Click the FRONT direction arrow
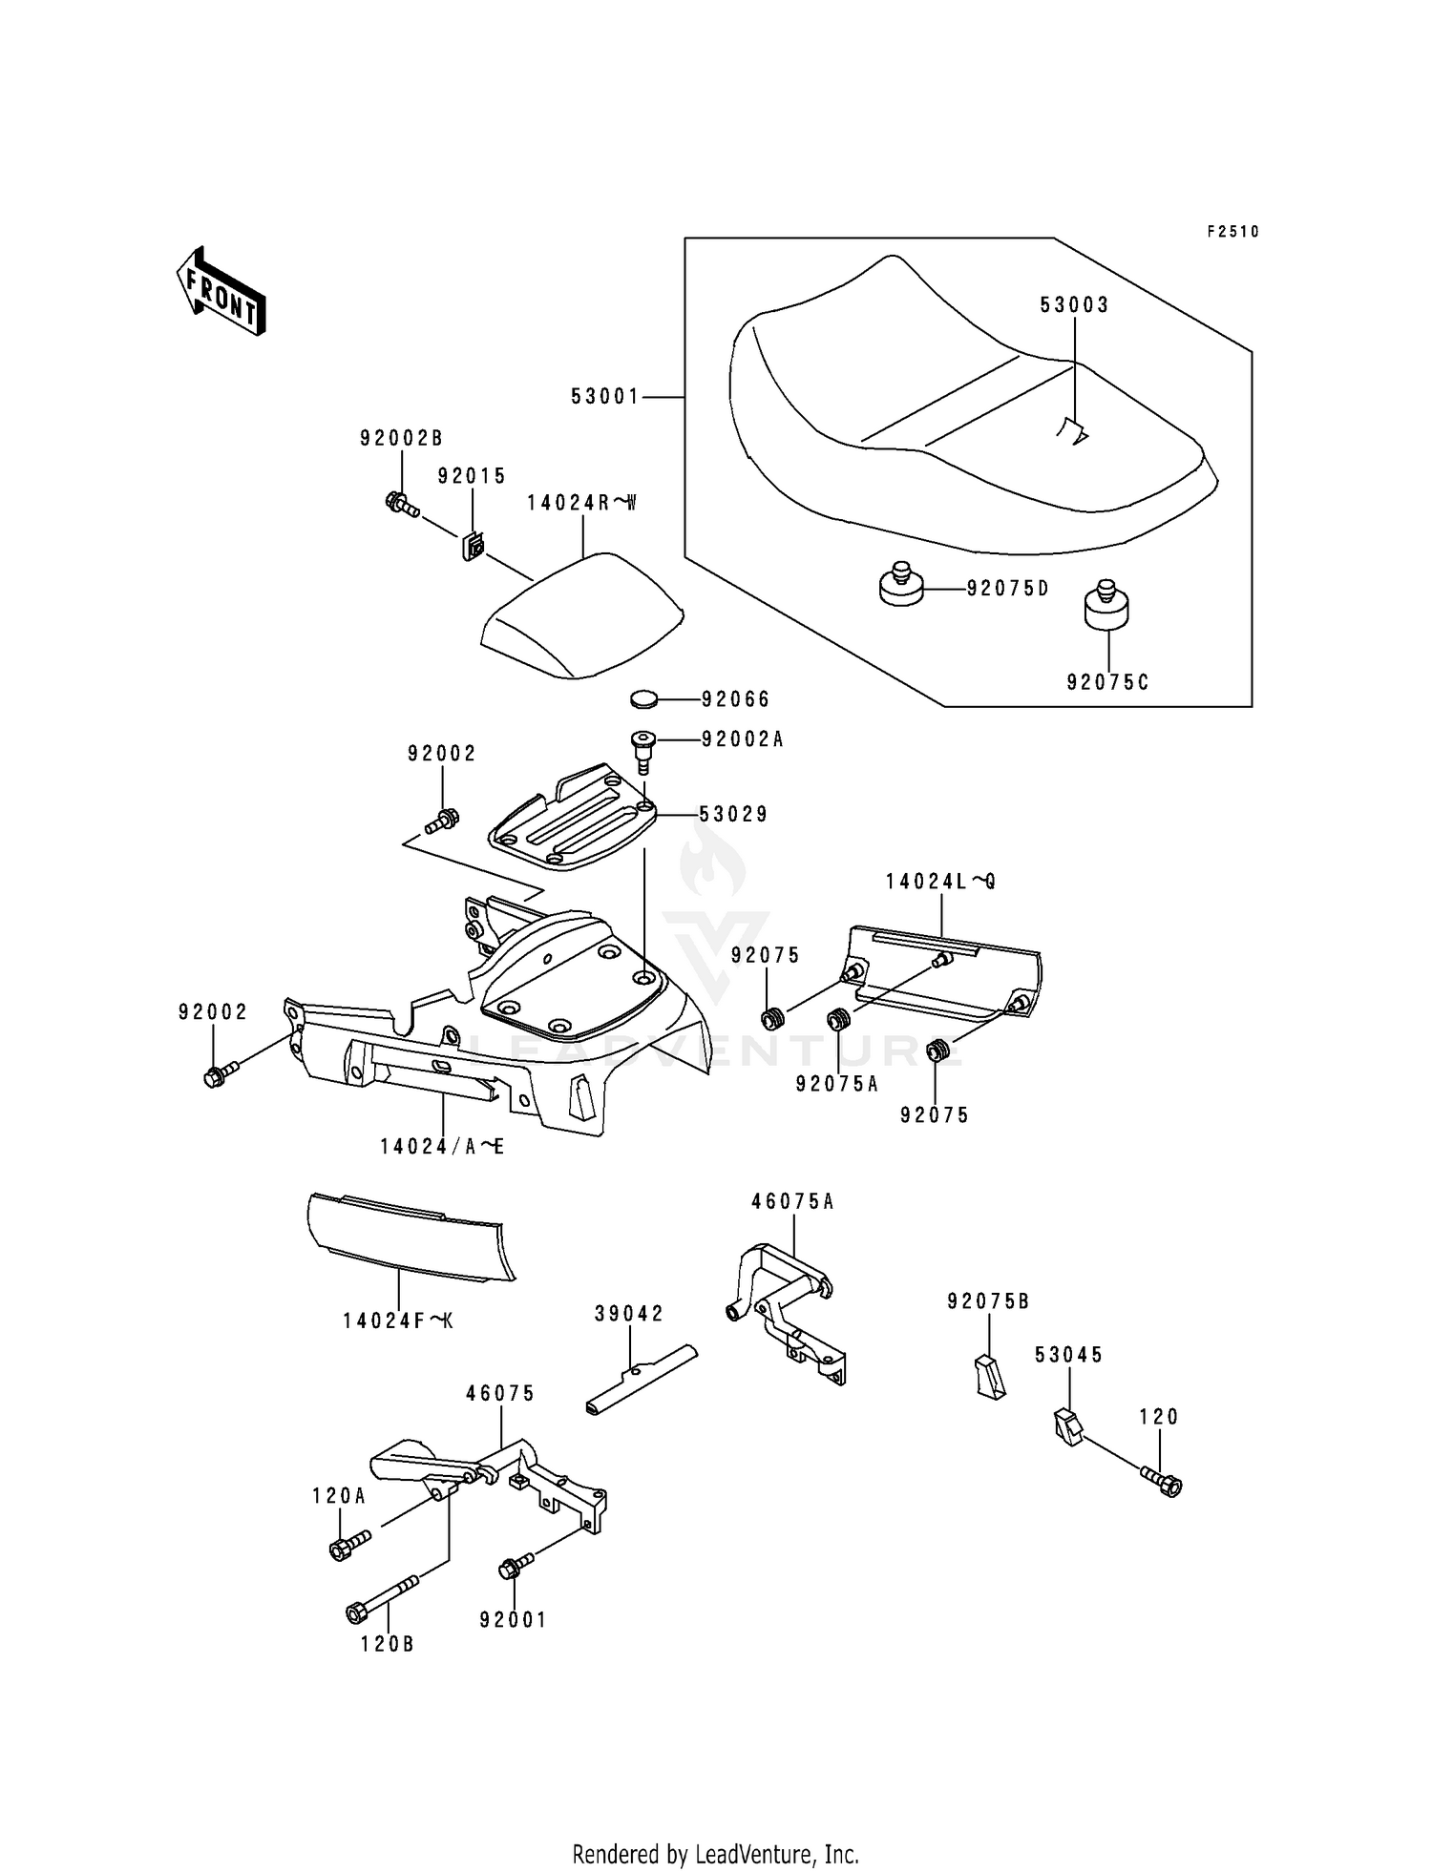(221, 291)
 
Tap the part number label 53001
(605, 396)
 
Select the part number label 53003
(1074, 305)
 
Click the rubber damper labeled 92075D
(901, 585)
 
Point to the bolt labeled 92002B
(402, 503)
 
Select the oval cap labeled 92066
(645, 700)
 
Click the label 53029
(733, 815)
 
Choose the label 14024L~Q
(940, 882)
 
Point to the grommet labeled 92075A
(838, 1020)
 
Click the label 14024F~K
(399, 1321)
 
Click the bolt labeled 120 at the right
(1162, 1482)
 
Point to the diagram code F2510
(1232, 232)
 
